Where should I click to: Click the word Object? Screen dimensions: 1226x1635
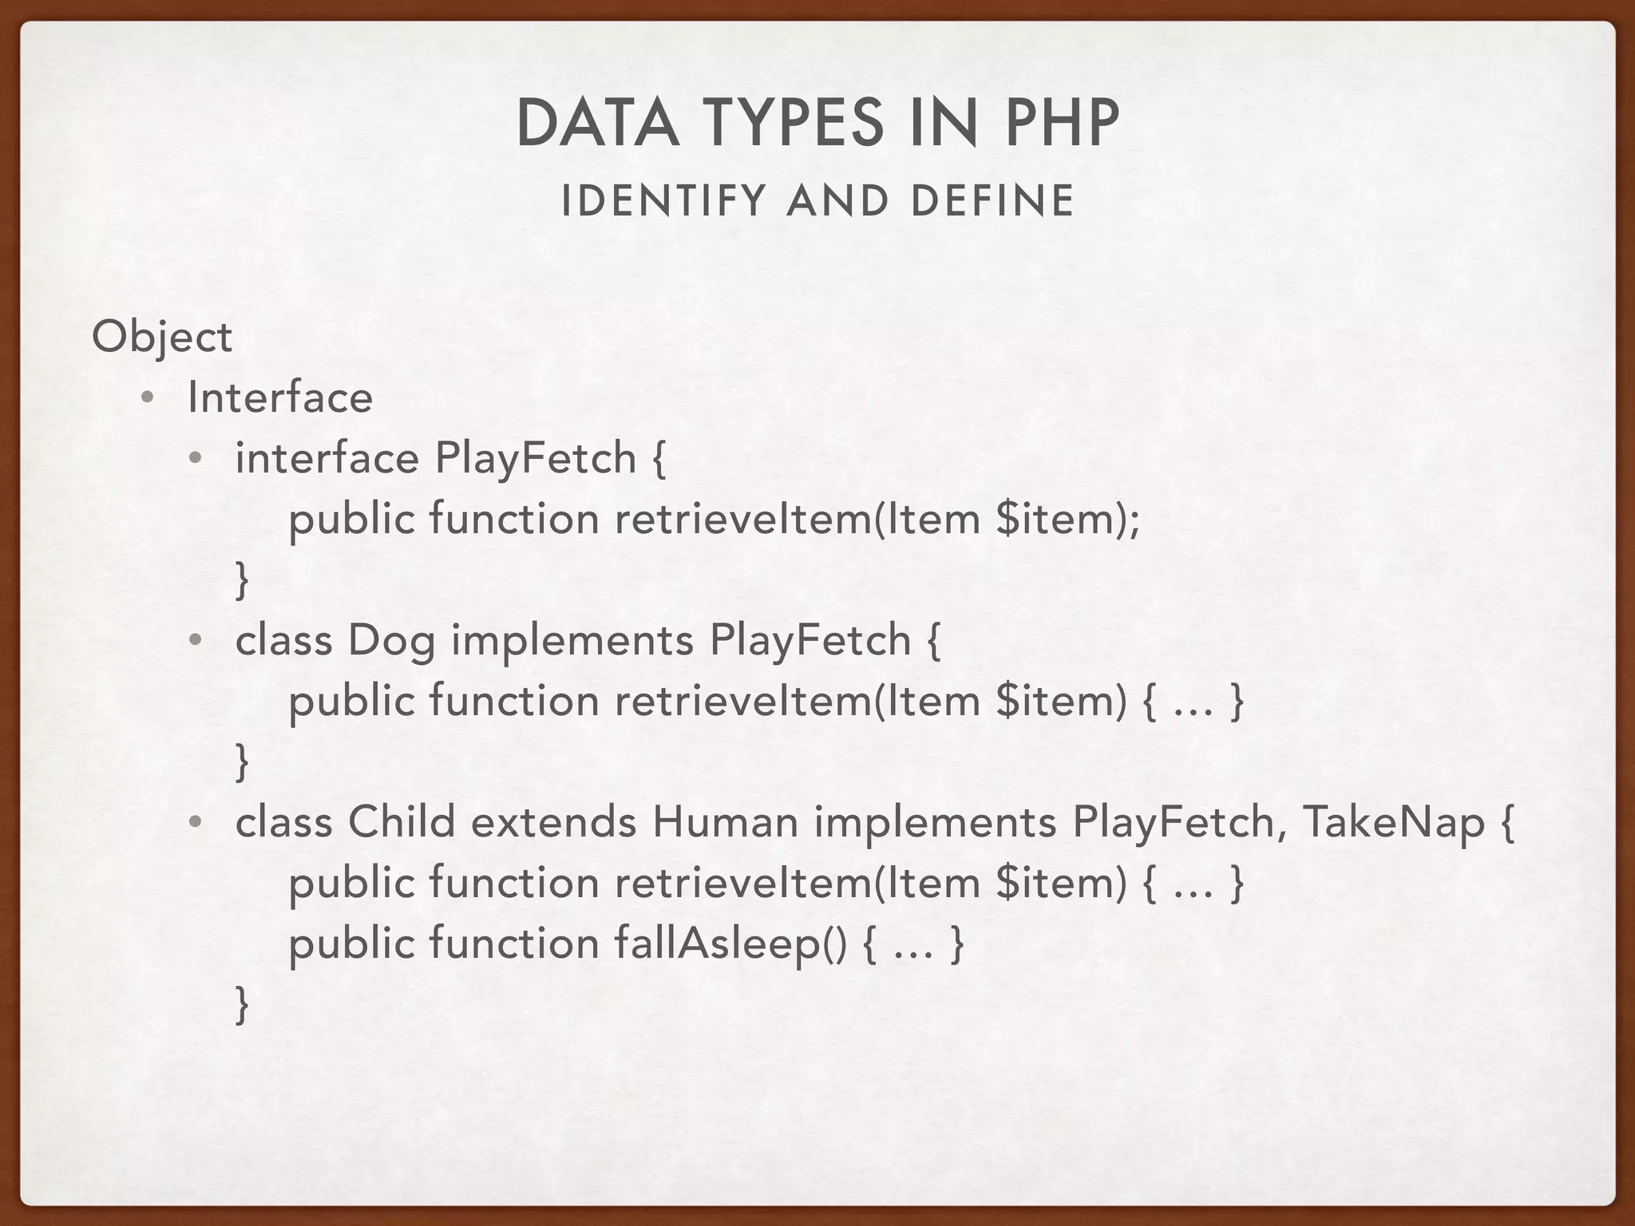(162, 338)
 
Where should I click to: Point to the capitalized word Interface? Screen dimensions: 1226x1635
(280, 397)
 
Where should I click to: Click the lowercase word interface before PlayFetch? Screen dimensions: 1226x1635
(327, 458)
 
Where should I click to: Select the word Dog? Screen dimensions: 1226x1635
(391, 642)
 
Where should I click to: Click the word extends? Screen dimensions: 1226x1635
(553, 822)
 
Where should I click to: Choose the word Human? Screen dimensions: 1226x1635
(725, 822)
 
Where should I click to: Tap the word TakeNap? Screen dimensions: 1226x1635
(1393, 822)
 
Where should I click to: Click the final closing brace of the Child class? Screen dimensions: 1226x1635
(242, 1004)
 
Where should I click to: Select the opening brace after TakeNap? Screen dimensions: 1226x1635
(1506, 824)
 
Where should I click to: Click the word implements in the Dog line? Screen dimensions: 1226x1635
(572, 642)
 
